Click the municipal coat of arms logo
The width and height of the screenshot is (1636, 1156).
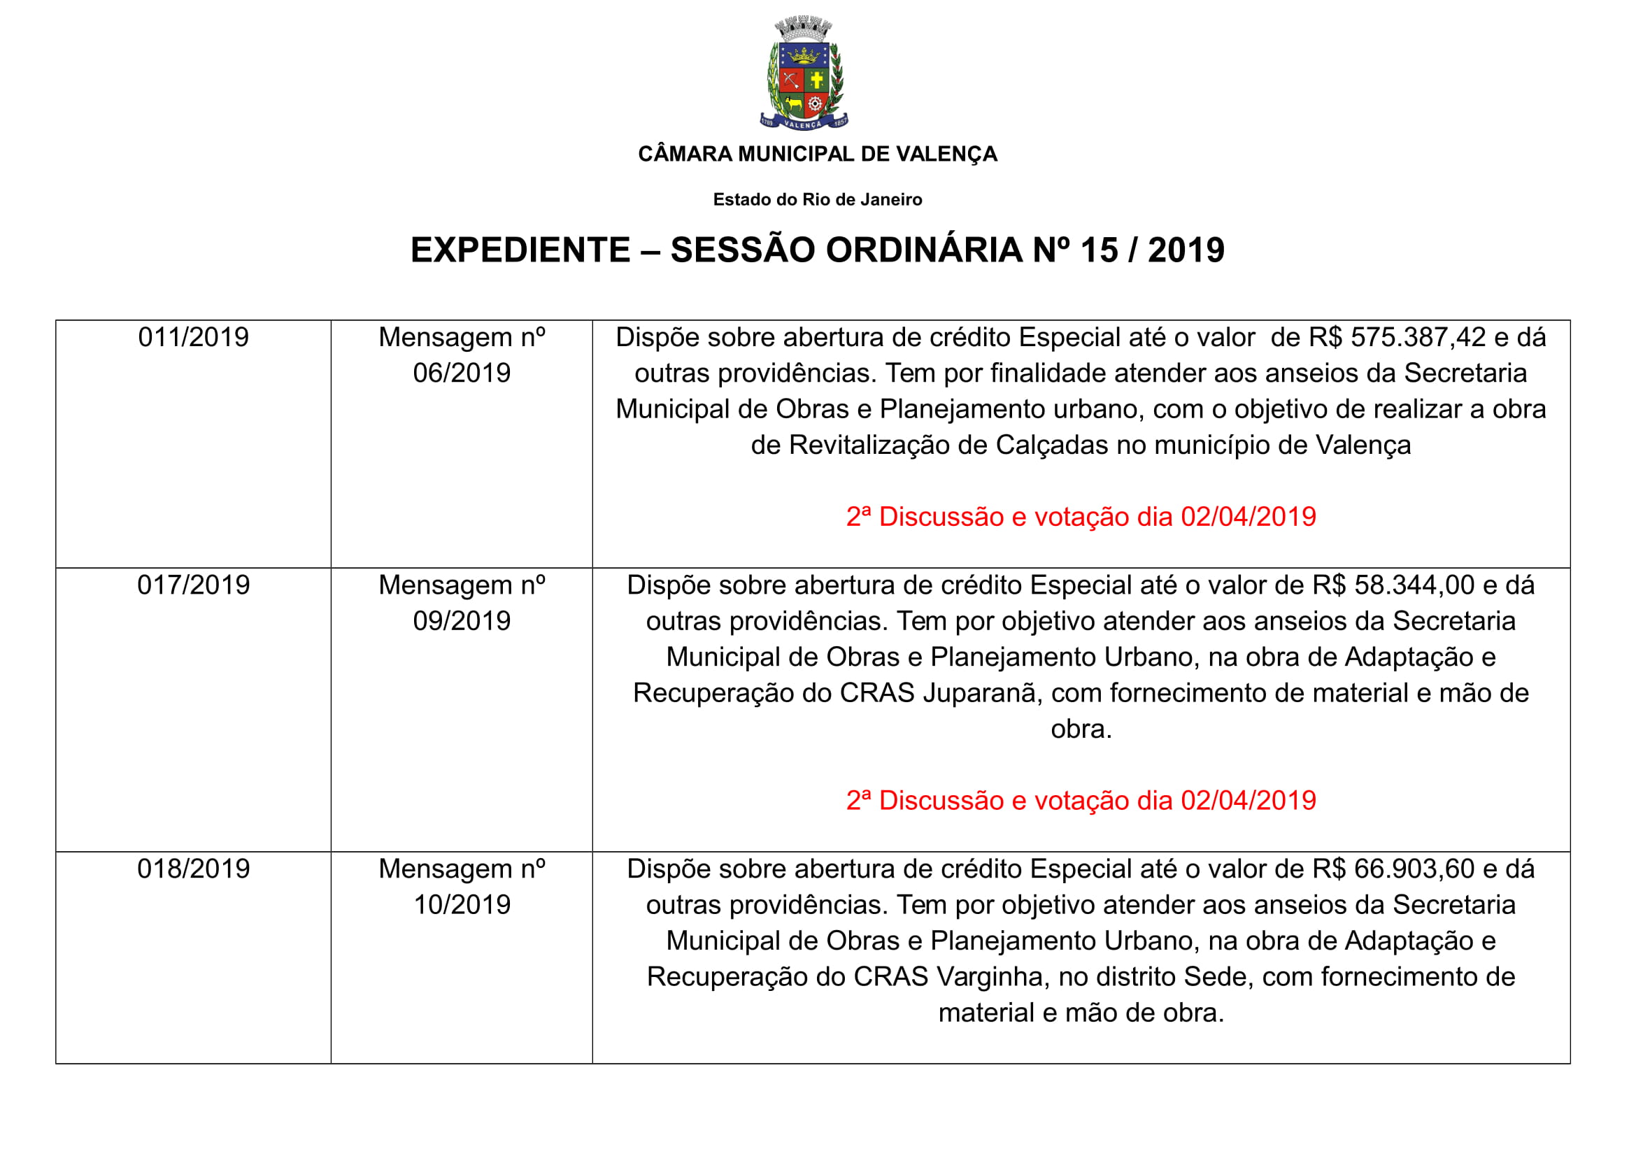[804, 73]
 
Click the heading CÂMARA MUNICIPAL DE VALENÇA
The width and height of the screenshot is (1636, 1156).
[817, 154]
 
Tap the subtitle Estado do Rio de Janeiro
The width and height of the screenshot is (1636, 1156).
[817, 199]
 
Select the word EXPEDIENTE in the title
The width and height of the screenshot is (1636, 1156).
[520, 250]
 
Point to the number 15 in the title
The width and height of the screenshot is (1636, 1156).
[1099, 250]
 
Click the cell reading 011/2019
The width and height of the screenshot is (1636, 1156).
[193, 338]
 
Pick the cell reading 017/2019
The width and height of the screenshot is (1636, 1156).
[193, 585]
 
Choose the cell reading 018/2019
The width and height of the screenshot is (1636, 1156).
[193, 869]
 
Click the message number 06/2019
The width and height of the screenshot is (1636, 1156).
[462, 373]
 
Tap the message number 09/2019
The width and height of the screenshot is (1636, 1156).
[462, 621]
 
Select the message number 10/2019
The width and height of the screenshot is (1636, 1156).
[462, 904]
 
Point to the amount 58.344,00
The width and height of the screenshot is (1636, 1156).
[1414, 585]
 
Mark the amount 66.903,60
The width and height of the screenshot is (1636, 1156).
[1414, 869]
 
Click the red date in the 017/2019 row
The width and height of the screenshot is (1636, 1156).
[1248, 801]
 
